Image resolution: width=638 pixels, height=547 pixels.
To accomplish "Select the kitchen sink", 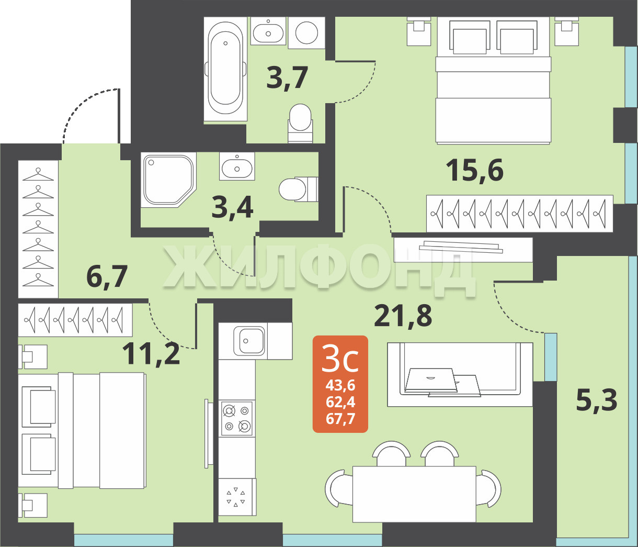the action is (249, 341).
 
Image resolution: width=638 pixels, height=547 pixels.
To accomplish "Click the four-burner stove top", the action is (237, 418).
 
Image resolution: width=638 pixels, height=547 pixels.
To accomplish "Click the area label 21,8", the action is (403, 316).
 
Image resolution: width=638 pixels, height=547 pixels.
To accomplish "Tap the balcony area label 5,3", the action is (597, 400).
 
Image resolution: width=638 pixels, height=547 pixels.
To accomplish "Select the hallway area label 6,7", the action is (107, 276).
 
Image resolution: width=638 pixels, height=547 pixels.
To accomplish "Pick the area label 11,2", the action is (151, 354).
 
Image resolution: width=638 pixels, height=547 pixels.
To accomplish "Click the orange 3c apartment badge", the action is (340, 384).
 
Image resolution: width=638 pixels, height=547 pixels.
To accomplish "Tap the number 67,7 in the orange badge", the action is (340, 419).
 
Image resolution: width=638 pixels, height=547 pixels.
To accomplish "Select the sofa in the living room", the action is (460, 374).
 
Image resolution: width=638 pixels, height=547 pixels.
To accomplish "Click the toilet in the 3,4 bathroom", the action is (299, 189).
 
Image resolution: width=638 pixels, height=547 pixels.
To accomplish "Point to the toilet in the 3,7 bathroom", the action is (300, 123).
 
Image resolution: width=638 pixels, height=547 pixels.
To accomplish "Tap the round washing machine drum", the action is (306, 32).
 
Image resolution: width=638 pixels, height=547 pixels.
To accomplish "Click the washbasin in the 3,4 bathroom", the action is (237, 166).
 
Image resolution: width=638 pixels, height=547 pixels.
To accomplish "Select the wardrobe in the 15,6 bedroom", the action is (520, 213).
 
